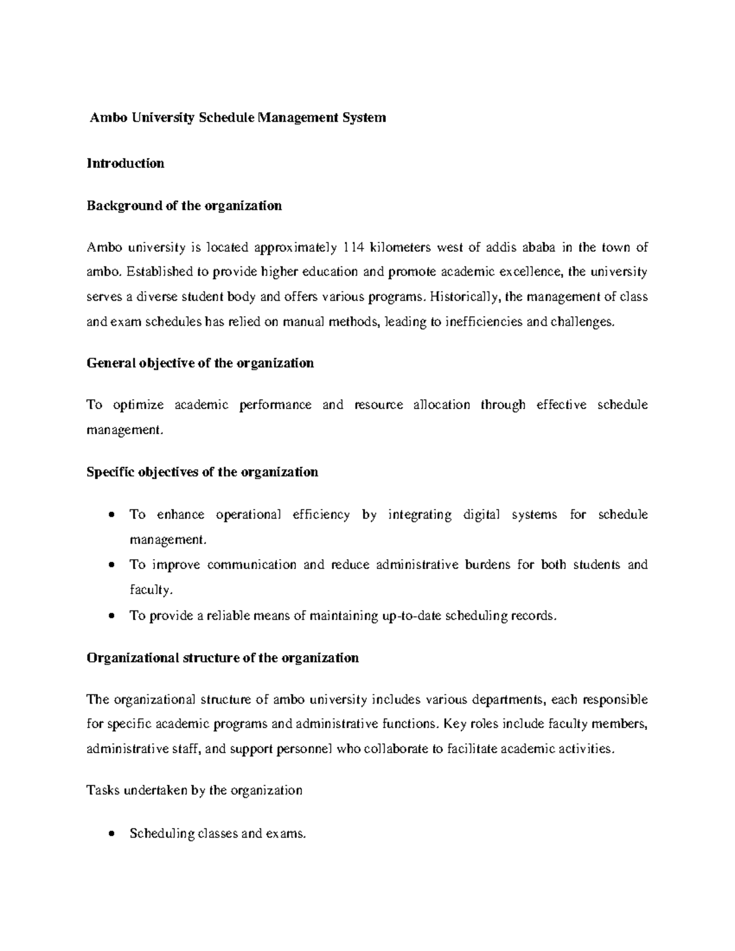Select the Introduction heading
(x=126, y=164)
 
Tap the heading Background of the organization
(x=184, y=206)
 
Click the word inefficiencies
(x=477, y=321)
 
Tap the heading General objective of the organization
(x=200, y=363)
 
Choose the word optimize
(x=138, y=405)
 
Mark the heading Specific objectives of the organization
(x=203, y=472)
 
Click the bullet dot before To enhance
(x=111, y=515)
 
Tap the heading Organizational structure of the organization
(x=223, y=658)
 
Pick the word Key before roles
(x=454, y=724)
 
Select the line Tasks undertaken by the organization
(x=195, y=791)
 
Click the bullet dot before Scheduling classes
(x=111, y=834)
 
